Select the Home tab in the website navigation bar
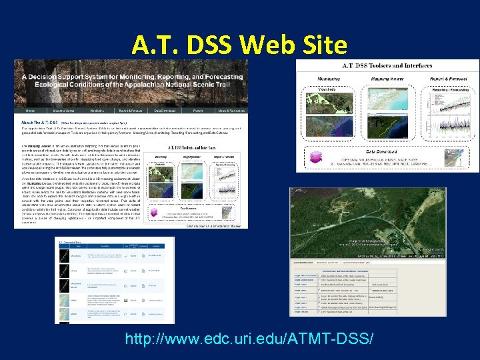click(31, 109)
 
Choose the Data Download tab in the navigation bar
click(164, 109)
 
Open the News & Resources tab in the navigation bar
click(229, 109)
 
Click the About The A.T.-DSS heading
click(39, 123)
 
